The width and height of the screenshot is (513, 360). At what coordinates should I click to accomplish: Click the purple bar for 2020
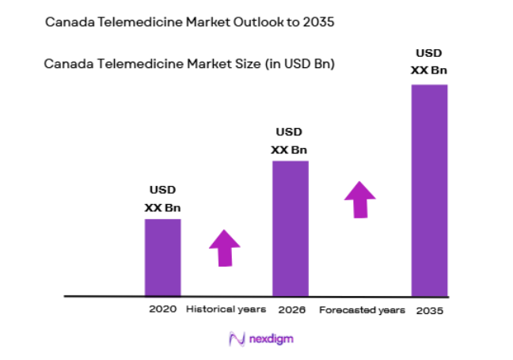coord(162,256)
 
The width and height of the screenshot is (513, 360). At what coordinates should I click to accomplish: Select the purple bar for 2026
coord(291,228)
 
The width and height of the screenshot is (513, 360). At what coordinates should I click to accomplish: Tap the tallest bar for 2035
coord(429,190)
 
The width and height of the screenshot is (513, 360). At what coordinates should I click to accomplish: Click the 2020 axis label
coord(162,309)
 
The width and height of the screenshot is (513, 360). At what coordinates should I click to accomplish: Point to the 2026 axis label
coord(291,309)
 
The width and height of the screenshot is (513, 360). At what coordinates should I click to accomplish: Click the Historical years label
coord(226,309)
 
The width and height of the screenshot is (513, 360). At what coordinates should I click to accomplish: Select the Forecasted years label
coord(362,309)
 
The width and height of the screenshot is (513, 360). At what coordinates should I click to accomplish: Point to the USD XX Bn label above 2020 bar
coord(162,199)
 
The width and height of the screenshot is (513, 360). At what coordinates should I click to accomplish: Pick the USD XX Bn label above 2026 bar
coord(290,140)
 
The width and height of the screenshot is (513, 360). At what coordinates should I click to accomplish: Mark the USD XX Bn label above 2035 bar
coord(428,62)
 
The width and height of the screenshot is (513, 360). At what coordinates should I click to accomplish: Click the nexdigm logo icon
coord(235,338)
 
